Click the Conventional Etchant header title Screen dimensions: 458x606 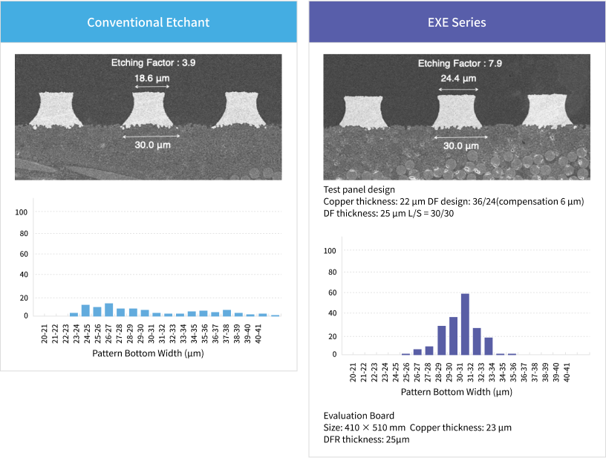[148, 22]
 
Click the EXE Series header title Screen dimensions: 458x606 [457, 22]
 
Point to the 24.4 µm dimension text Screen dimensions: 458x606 [458, 78]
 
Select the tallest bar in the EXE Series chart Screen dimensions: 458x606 [465, 324]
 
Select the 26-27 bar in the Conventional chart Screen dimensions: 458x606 [108, 310]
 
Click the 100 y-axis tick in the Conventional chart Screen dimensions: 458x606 [22, 212]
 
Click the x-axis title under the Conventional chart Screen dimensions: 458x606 [148, 353]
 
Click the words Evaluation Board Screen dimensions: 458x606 [359, 415]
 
